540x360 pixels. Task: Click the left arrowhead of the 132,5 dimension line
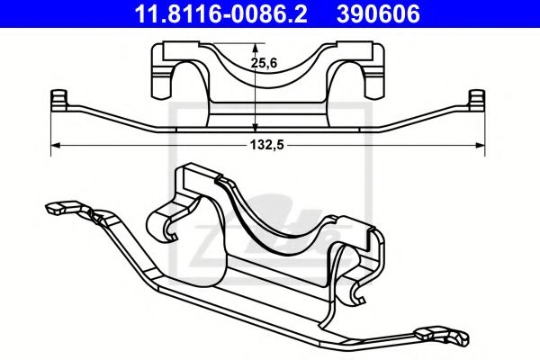56,143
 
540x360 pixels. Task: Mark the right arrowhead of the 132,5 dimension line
481,143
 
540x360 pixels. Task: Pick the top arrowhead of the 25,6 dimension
256,51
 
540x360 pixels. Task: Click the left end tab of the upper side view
59,99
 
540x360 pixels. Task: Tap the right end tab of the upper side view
478,99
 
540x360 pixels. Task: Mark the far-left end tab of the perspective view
54,206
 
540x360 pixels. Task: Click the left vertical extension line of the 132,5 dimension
51,126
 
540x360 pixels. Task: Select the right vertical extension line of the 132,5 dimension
486,126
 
